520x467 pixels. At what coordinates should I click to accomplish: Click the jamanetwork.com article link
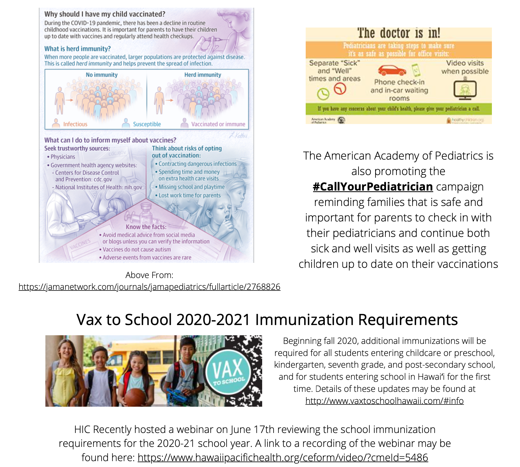pyautogui.click(x=149, y=287)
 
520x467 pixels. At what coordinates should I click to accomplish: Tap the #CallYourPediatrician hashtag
pyautogui.click(x=373, y=187)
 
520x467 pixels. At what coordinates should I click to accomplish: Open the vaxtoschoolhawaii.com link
pyautogui.click(x=384, y=401)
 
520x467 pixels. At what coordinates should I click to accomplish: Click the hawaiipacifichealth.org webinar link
pyautogui.click(x=283, y=457)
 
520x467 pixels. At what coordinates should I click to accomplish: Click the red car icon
pyautogui.click(x=392, y=71)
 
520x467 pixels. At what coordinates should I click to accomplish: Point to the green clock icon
pyautogui.click(x=323, y=94)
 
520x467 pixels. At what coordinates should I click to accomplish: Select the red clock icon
pyautogui.click(x=340, y=89)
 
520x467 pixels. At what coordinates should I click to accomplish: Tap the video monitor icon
pyautogui.click(x=465, y=90)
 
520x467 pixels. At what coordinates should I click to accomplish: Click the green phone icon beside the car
pyautogui.click(x=416, y=70)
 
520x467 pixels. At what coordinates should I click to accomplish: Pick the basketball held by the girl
pyautogui.click(x=135, y=397)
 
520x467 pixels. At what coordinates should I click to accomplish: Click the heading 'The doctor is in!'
pyautogui.click(x=399, y=33)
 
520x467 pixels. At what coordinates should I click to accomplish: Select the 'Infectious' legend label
pyautogui.click(x=75, y=124)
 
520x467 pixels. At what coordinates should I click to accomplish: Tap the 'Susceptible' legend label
pyautogui.click(x=147, y=124)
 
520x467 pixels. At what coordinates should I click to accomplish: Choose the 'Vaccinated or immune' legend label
pyautogui.click(x=218, y=124)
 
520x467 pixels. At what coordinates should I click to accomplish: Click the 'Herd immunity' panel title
pyautogui.click(x=203, y=75)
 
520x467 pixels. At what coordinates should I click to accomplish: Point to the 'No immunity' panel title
pyautogui.click(x=102, y=75)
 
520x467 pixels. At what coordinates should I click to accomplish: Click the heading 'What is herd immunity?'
pyautogui.click(x=78, y=49)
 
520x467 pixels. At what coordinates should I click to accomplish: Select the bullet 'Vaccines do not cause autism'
pyautogui.click(x=136, y=250)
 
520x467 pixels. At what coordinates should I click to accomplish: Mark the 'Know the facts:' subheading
pyautogui.click(x=146, y=227)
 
